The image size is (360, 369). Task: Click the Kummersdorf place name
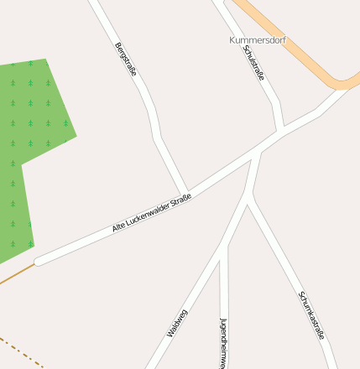pyautogui.click(x=257, y=39)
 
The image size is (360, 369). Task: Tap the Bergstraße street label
pyautogui.click(x=125, y=60)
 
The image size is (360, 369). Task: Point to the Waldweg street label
pyautogui.click(x=177, y=323)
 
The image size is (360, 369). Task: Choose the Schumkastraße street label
pyautogui.click(x=311, y=315)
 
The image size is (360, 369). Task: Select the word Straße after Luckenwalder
pyautogui.click(x=181, y=199)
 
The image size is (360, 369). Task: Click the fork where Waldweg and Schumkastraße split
pyautogui.click(x=248, y=201)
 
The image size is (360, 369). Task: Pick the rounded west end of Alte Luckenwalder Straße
pyautogui.click(x=39, y=261)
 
